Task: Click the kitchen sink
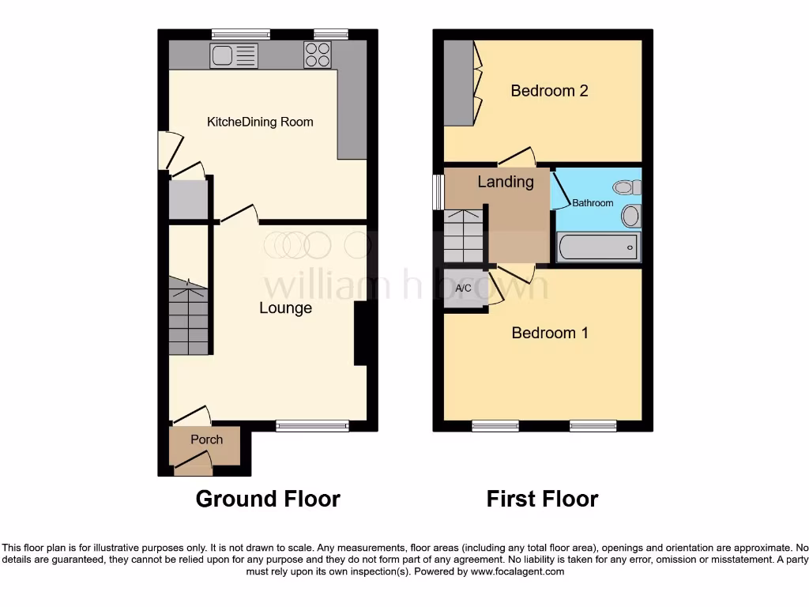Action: click(x=234, y=55)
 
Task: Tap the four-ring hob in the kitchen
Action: click(x=318, y=55)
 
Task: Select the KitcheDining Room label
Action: click(x=260, y=122)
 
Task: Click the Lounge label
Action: click(x=285, y=308)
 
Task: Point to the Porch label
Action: click(x=206, y=439)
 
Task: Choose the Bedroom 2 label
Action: click(x=549, y=91)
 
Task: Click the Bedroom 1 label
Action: click(x=550, y=333)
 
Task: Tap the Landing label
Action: click(x=506, y=182)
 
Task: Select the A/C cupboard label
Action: click(x=464, y=288)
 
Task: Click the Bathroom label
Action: click(x=593, y=203)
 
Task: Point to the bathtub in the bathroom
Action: click(x=598, y=247)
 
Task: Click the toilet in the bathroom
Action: click(x=628, y=187)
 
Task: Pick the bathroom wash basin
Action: click(x=631, y=215)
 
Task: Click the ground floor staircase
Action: click(x=188, y=316)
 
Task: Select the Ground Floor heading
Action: click(x=268, y=500)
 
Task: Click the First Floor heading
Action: click(x=542, y=500)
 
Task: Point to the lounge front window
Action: click(x=312, y=426)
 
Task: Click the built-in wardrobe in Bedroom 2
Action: click(x=457, y=82)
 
